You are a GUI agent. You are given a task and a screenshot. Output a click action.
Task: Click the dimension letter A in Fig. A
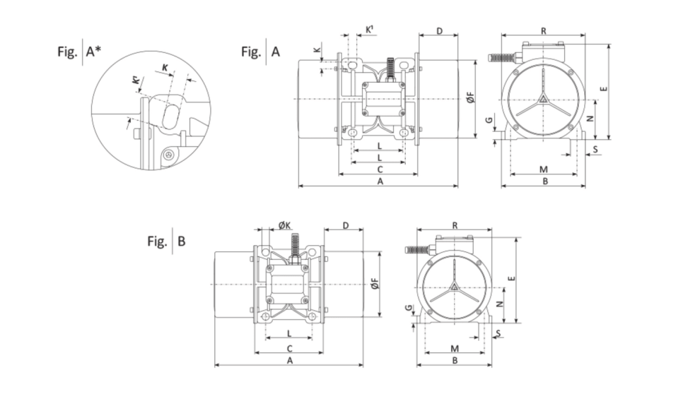pos(380,181)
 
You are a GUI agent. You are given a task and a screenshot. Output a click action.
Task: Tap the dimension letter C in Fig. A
pos(380,169)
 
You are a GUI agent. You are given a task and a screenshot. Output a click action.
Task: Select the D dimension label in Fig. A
pos(439,32)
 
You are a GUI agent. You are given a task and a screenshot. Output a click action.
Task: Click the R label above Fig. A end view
pos(543,31)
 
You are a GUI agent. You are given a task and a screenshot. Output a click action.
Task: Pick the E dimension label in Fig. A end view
pos(602,89)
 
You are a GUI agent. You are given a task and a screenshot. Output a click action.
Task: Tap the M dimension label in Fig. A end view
pos(543,169)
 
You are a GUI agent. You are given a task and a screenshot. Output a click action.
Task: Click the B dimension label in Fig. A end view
pos(544,181)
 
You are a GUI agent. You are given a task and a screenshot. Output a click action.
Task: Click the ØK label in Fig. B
pos(284,225)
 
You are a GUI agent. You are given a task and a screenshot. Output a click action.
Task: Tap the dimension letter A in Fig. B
pos(290,360)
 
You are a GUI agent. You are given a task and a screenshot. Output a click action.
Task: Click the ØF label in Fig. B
pos(375,284)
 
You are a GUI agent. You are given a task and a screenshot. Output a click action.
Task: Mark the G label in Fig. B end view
pos(408,309)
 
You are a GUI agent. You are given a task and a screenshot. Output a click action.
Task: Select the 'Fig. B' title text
pos(166,241)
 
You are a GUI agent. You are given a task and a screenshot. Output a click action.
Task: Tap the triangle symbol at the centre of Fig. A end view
pos(543,99)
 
